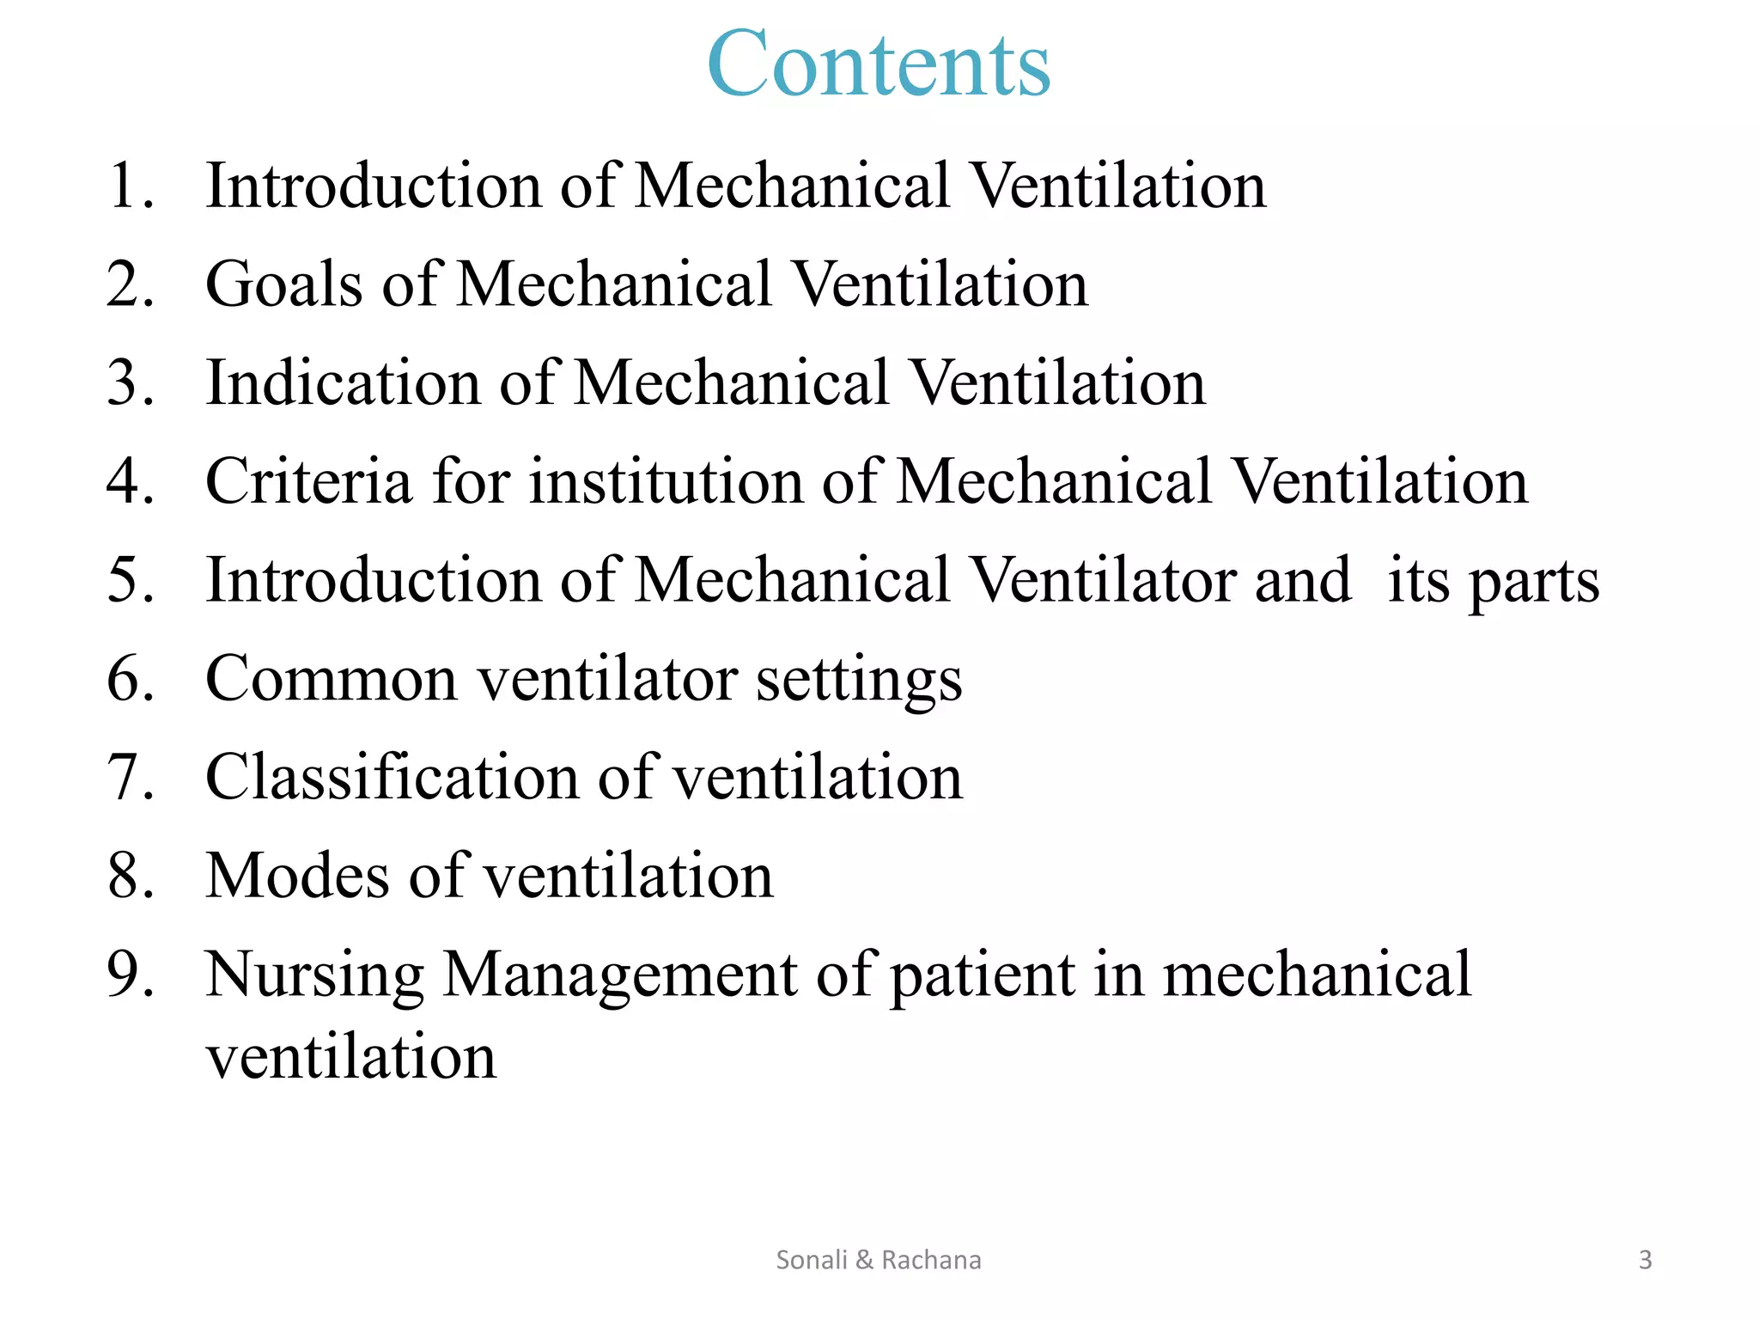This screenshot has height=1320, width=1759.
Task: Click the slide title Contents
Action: [879, 64]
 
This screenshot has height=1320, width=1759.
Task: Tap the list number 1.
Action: [129, 186]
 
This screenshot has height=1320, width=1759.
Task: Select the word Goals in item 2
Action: [283, 284]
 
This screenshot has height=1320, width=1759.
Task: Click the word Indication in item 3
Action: [343, 382]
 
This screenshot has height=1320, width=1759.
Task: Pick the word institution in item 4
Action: [666, 481]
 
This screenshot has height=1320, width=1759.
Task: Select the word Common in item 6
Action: [331, 679]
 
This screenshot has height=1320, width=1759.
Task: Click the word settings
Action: [858, 681]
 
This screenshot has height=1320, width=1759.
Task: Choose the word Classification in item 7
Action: [392, 777]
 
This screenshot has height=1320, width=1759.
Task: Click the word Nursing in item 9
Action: [314, 975]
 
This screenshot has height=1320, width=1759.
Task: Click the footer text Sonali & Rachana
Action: [878, 1260]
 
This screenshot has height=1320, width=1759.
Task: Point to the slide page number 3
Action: [1645, 1260]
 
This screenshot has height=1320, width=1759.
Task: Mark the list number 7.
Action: [129, 777]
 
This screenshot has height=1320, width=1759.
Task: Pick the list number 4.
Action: [129, 481]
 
